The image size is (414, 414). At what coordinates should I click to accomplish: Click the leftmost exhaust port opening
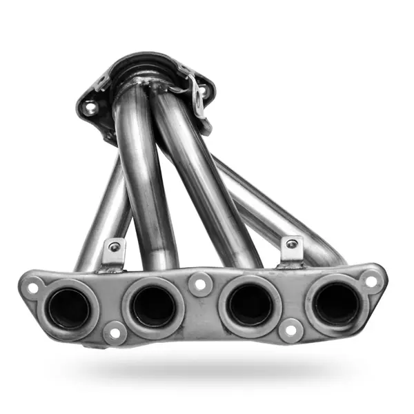click(x=69, y=308)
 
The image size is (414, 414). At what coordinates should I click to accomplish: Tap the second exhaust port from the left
click(x=152, y=306)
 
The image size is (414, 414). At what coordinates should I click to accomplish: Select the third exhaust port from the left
click(x=250, y=304)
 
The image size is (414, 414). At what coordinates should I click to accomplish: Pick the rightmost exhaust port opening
click(x=336, y=304)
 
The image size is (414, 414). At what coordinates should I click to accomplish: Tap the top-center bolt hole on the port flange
click(x=200, y=284)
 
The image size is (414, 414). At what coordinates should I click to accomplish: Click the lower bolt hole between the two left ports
click(x=114, y=333)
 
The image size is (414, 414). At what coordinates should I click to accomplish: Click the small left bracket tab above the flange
click(x=114, y=251)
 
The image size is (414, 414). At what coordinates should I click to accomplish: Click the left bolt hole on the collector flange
click(x=89, y=108)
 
